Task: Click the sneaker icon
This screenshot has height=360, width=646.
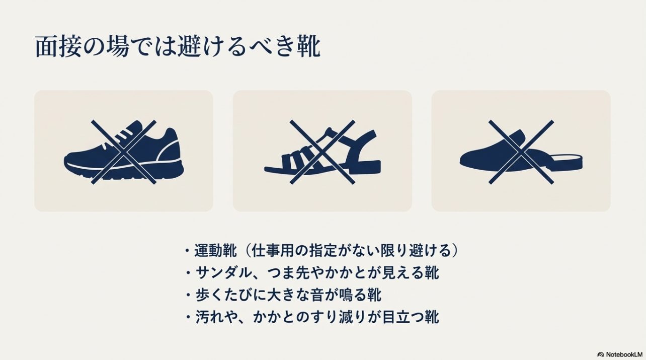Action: pyautogui.click(x=124, y=152)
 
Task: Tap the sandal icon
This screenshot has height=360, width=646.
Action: pyautogui.click(x=322, y=152)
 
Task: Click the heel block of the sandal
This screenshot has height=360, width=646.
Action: pyautogui.click(x=371, y=167)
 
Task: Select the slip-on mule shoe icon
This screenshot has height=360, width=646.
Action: pyautogui.click(x=521, y=153)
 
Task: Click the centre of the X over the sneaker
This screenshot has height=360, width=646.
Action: pyautogui.click(x=124, y=152)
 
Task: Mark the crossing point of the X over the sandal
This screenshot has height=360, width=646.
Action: pyautogui.click(x=322, y=152)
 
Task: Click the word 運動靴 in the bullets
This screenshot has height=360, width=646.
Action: pyautogui.click(x=215, y=250)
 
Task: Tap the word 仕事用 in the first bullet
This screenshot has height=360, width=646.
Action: pyautogui.click(x=273, y=250)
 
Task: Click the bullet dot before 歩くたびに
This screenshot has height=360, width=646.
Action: pyautogui.click(x=188, y=295)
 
